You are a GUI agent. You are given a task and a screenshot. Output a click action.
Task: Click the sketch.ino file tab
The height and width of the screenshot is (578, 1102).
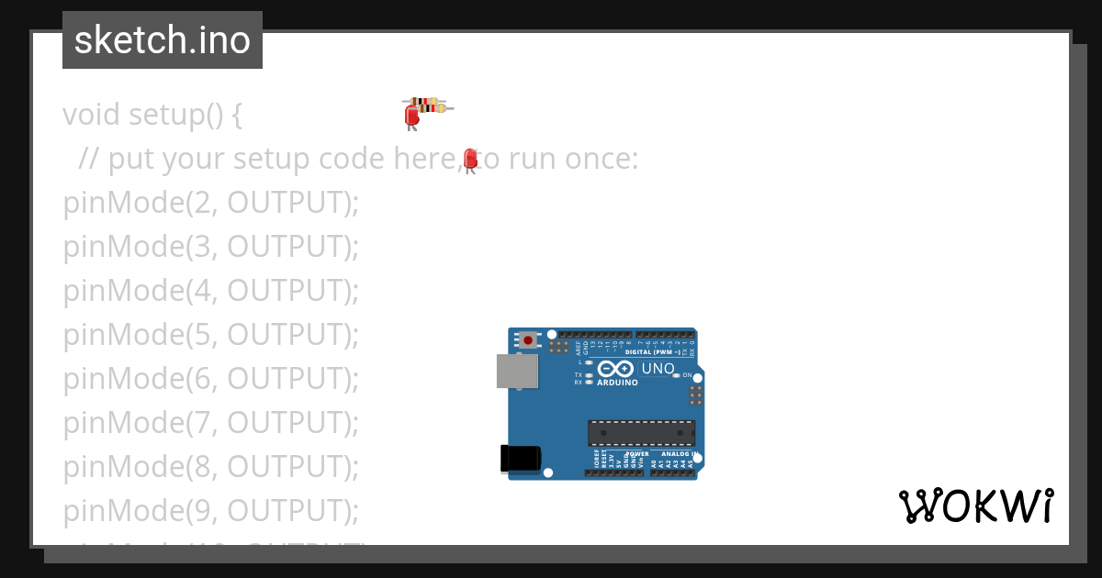click(162, 40)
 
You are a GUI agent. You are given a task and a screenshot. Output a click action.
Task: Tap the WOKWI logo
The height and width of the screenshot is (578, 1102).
click(975, 506)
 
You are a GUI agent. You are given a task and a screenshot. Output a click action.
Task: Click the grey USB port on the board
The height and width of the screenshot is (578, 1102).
click(517, 372)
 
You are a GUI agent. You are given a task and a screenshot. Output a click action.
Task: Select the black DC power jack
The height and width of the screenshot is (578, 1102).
click(519, 459)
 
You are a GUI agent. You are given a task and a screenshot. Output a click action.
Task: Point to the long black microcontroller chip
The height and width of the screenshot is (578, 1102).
click(641, 432)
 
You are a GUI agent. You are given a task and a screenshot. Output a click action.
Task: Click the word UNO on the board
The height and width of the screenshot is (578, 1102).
click(658, 369)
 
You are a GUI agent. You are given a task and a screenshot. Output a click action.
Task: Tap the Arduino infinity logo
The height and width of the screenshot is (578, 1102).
click(614, 369)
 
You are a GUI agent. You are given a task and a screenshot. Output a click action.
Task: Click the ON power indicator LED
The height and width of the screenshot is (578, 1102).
click(676, 375)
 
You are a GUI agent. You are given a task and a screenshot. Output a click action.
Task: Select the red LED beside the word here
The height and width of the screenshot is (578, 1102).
click(470, 159)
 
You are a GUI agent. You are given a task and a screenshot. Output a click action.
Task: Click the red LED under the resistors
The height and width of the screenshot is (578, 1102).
click(412, 116)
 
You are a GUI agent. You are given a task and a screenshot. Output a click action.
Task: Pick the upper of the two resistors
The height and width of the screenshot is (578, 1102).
click(423, 101)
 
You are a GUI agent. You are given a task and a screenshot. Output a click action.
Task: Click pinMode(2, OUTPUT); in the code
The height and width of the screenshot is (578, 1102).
click(210, 203)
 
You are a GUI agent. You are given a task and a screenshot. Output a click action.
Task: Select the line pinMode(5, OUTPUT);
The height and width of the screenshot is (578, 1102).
click(210, 335)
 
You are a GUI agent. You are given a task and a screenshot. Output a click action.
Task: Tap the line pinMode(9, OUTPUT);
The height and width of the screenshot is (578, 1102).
click(210, 510)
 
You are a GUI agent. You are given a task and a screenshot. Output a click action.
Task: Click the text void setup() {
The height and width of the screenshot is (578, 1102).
click(152, 115)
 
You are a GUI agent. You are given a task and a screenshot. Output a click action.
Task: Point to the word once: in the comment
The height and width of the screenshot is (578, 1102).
click(601, 159)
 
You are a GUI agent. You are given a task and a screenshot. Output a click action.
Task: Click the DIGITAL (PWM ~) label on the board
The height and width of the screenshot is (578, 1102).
click(652, 352)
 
